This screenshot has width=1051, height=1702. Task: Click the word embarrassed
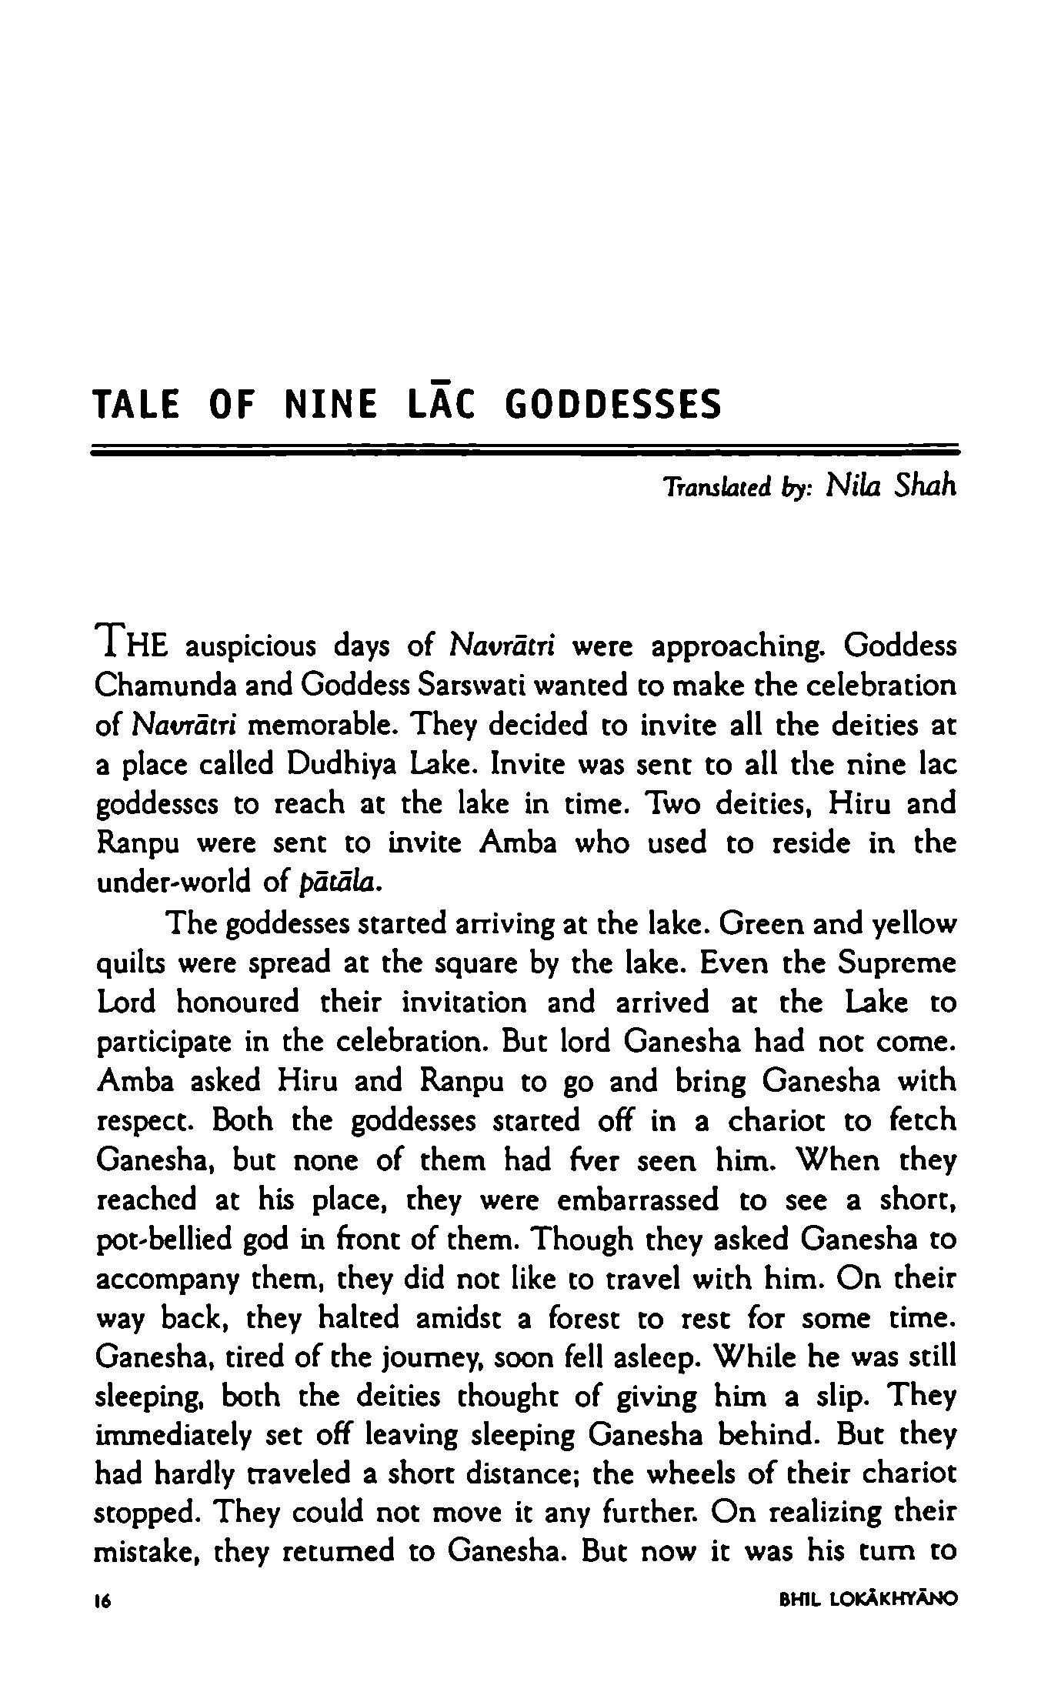(x=639, y=1200)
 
